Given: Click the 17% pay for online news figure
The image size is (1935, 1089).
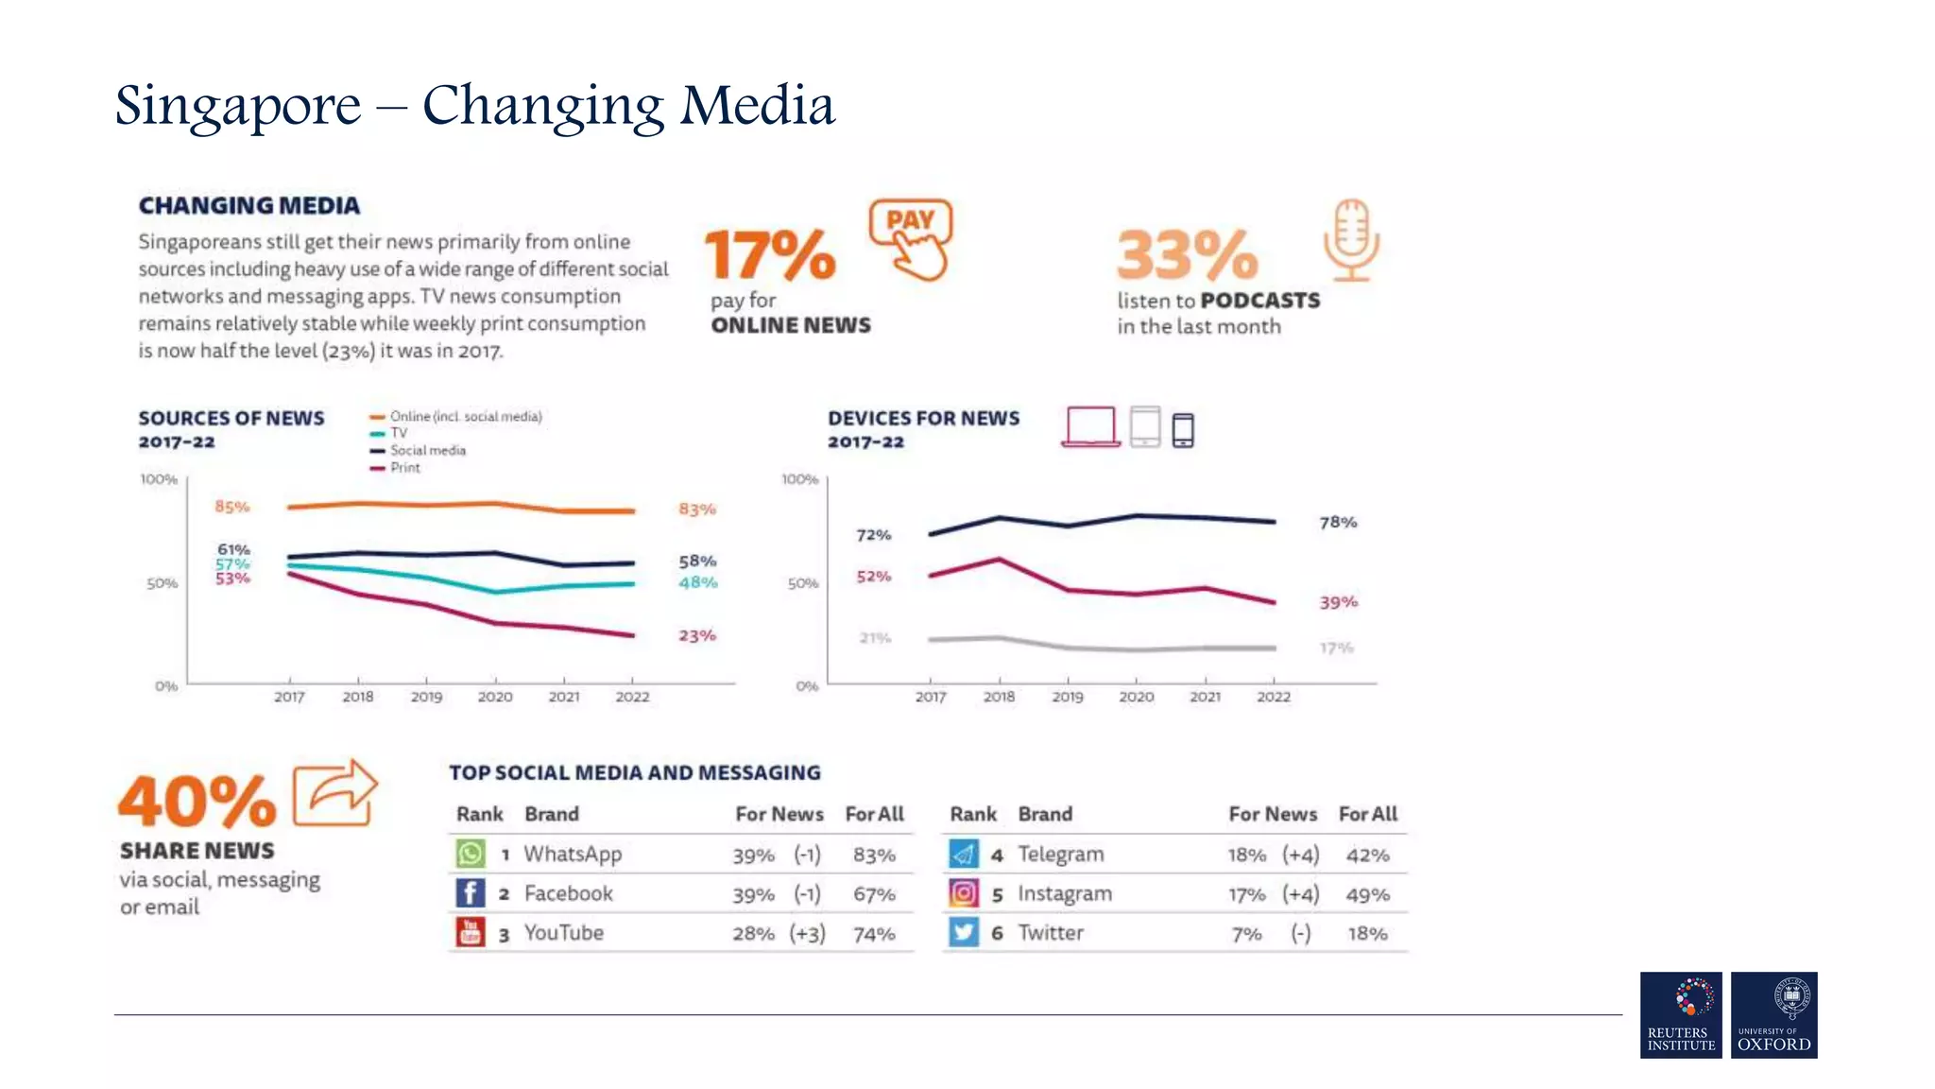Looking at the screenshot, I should pyautogui.click(x=770, y=255).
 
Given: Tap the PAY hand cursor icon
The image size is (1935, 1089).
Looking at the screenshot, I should pyautogui.click(x=912, y=239).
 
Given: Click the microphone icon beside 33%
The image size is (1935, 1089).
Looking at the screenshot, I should pyautogui.click(x=1351, y=240).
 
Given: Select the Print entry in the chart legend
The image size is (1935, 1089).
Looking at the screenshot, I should pyautogui.click(x=404, y=468).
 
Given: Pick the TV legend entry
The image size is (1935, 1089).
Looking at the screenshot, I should pyautogui.click(x=399, y=433).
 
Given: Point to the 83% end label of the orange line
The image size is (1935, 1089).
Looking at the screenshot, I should pyautogui.click(x=697, y=510).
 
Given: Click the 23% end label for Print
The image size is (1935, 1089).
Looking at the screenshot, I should pyautogui.click(x=697, y=636).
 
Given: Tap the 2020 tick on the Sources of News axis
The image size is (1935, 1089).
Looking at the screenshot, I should pyautogui.click(x=495, y=697).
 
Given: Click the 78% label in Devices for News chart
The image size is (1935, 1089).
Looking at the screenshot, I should pyautogui.click(x=1338, y=523).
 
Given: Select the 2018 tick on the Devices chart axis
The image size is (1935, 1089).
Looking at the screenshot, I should pyautogui.click(x=999, y=697).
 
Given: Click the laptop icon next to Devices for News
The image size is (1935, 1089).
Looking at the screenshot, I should pyautogui.click(x=1090, y=426).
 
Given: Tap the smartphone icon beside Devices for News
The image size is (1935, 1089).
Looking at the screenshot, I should pyautogui.click(x=1183, y=430).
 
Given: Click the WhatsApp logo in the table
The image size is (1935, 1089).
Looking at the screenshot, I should pyautogui.click(x=471, y=854).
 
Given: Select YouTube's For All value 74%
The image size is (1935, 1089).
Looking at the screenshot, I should pyautogui.click(x=874, y=934).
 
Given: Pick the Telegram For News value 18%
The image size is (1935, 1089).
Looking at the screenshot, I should pyautogui.click(x=1246, y=856).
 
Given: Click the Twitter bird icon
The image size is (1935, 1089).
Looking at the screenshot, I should pyautogui.click(x=964, y=933).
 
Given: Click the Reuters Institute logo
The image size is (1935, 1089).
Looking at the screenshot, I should pyautogui.click(x=1681, y=1014).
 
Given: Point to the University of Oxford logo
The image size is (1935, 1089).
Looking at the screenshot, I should pyautogui.click(x=1773, y=1014).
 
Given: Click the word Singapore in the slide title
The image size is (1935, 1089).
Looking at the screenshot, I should pyautogui.click(x=238, y=106).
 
